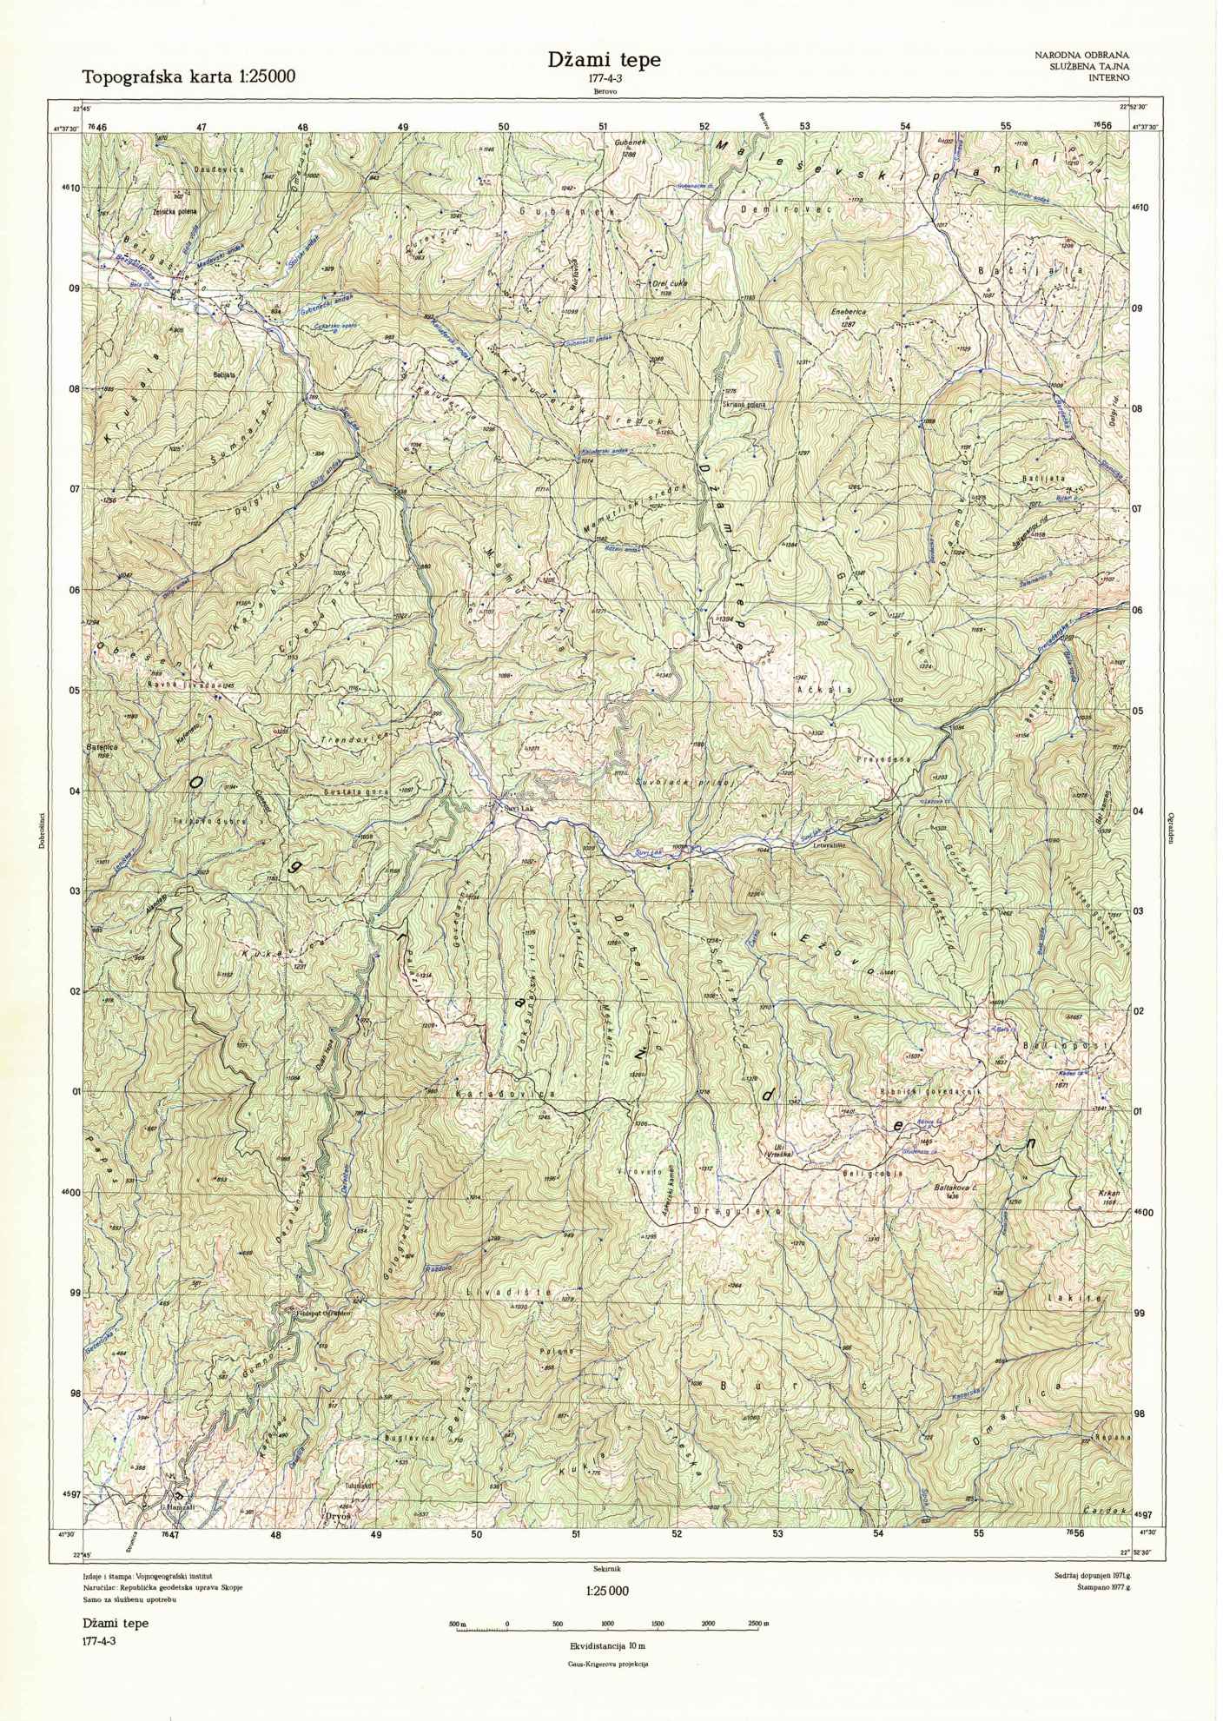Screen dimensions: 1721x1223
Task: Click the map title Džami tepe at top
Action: click(604, 60)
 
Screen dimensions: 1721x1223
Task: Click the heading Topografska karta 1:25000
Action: click(188, 76)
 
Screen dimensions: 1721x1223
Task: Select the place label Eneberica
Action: click(848, 310)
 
